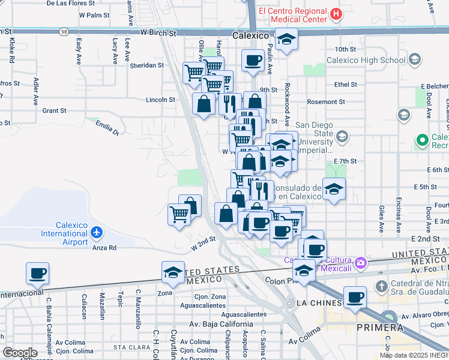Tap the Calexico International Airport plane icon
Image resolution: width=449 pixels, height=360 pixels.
point(98,233)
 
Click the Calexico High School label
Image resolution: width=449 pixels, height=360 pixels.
point(366,60)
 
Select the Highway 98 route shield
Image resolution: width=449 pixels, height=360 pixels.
point(63,31)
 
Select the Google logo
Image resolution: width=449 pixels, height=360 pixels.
point(20,353)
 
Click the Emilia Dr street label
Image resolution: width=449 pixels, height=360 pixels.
point(107,127)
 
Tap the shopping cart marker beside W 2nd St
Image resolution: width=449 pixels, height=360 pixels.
point(179,214)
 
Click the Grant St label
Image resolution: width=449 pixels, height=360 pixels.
point(54,110)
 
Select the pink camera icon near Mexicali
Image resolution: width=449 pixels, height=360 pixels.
point(361,262)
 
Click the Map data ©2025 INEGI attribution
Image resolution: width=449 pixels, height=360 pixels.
point(414,355)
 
